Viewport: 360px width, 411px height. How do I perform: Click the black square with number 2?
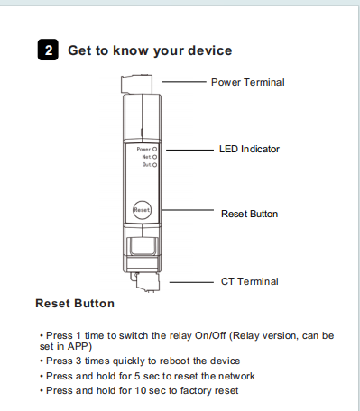[x=48, y=50]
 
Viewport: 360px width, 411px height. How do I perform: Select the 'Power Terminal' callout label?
[x=248, y=82]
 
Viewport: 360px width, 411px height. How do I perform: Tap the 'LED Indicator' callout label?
[x=249, y=149]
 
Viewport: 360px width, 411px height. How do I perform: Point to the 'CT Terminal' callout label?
[x=250, y=281]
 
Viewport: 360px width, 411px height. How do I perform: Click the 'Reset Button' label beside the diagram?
[x=249, y=214]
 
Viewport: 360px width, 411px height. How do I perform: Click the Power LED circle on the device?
[x=154, y=149]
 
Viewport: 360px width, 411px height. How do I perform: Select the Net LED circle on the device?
[x=154, y=157]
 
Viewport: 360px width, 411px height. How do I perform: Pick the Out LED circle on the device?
[x=154, y=165]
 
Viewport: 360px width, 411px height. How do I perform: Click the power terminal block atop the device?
[x=136, y=85]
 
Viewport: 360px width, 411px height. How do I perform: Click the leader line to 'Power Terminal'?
[x=184, y=82]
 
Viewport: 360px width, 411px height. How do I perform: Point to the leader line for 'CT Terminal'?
[x=191, y=282]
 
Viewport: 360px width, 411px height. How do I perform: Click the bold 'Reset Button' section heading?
[x=75, y=303]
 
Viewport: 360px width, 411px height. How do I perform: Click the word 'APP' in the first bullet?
[x=78, y=346]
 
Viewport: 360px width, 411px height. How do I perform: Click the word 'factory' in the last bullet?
[x=198, y=390]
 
